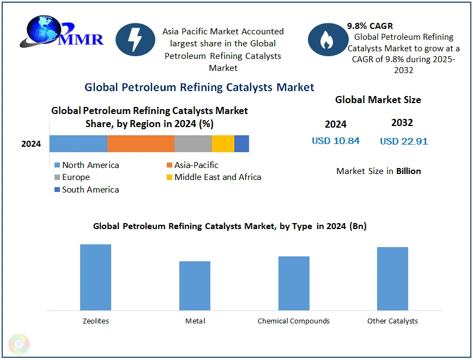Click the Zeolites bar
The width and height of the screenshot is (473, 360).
(x=95, y=277)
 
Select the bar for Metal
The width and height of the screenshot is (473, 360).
(x=195, y=285)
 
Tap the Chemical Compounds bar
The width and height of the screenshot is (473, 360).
(x=294, y=283)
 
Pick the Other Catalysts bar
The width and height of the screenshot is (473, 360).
(x=392, y=278)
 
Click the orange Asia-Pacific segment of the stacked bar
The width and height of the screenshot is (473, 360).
(x=141, y=143)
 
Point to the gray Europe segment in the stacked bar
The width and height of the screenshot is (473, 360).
(x=193, y=143)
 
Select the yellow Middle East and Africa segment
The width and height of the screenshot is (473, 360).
(x=223, y=143)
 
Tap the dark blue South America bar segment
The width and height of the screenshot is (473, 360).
(x=241, y=143)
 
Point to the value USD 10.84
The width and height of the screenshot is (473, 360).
(x=336, y=141)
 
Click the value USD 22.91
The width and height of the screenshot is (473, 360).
(x=404, y=141)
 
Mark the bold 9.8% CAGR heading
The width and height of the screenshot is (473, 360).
(x=370, y=26)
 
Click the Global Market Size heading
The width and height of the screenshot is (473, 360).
(x=378, y=100)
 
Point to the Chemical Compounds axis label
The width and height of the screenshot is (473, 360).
(x=294, y=321)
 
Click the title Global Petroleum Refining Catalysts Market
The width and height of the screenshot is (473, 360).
(x=199, y=87)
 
